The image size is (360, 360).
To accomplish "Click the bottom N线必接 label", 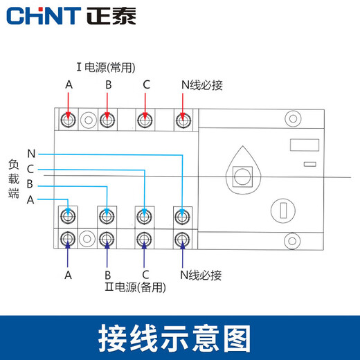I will pyautogui.click(x=201, y=275).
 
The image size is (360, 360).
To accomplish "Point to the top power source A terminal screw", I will pyautogui.click(x=69, y=120).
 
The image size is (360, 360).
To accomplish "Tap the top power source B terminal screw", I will pyautogui.click(x=107, y=120).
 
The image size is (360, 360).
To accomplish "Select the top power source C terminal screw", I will pyautogui.click(x=144, y=120).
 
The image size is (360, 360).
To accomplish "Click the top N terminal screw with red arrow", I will pyautogui.click(x=182, y=120).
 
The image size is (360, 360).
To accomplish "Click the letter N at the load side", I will pyautogui.click(x=30, y=152).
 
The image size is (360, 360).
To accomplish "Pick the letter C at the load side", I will pyautogui.click(x=30, y=168).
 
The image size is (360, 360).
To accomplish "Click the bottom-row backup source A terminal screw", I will pyautogui.click(x=69, y=240).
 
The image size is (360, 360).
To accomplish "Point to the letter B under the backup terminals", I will pyautogui.click(x=107, y=274).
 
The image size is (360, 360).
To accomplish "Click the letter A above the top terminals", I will pyautogui.click(x=69, y=85).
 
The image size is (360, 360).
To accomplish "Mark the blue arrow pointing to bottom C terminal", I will pyautogui.click(x=144, y=256).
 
